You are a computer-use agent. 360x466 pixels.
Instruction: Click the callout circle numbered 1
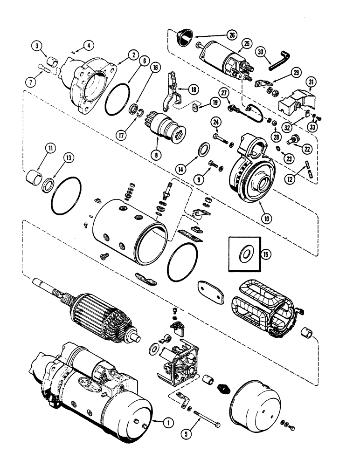click(166, 423)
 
